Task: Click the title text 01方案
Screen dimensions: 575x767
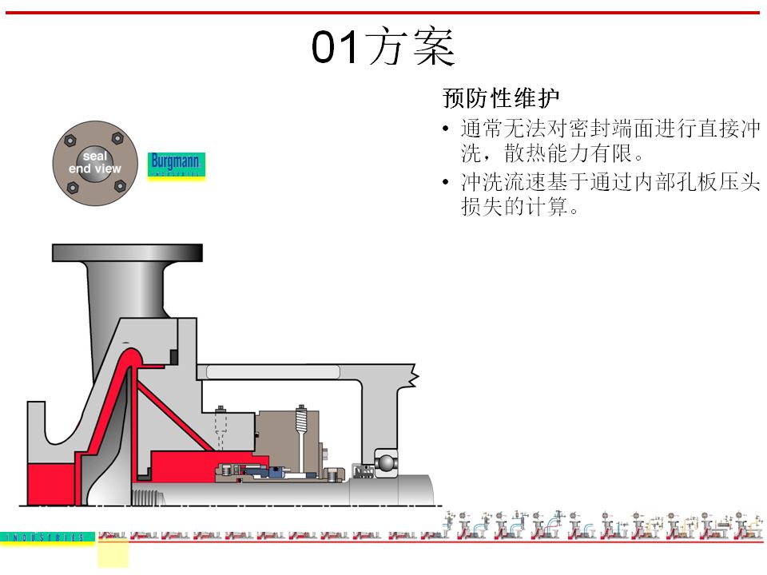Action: click(383, 48)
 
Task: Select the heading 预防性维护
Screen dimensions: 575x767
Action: click(501, 99)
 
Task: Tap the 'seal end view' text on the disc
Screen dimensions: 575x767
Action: click(95, 163)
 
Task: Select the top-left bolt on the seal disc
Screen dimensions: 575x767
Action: click(70, 141)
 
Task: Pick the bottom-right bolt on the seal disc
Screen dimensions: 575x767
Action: click(120, 186)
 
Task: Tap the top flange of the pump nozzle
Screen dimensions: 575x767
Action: click(127, 252)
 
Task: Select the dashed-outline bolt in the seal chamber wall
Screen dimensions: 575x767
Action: click(221, 431)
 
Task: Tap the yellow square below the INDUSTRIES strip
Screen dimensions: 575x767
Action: click(113, 553)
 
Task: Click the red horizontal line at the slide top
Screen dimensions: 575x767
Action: click(383, 12)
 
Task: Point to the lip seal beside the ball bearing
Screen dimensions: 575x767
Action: click(362, 470)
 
